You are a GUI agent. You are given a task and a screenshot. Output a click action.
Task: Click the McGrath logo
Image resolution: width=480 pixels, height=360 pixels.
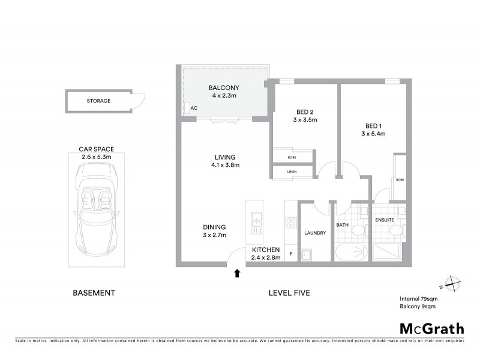point(431,328)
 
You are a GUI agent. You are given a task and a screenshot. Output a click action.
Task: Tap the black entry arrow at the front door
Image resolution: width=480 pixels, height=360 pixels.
point(237,274)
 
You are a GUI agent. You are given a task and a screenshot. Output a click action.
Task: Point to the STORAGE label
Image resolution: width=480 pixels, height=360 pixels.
point(98,101)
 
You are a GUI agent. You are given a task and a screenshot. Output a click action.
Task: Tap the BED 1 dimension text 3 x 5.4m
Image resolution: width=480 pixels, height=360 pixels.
point(373,134)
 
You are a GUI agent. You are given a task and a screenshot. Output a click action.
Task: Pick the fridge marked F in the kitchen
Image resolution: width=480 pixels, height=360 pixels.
point(291,254)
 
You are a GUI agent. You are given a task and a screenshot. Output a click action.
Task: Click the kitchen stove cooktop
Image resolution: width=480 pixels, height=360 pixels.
point(291,223)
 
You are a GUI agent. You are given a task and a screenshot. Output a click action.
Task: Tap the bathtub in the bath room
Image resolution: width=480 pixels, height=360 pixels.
point(351,252)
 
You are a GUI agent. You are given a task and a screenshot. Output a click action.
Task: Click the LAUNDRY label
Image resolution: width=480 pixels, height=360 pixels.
point(314,233)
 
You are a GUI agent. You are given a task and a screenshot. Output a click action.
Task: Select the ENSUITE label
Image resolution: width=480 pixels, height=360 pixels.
point(384,220)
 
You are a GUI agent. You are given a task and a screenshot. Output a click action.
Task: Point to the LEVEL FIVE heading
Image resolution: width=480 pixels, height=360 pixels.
point(289,293)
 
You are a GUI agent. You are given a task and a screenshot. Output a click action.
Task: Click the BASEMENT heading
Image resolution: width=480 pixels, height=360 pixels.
point(94,293)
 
